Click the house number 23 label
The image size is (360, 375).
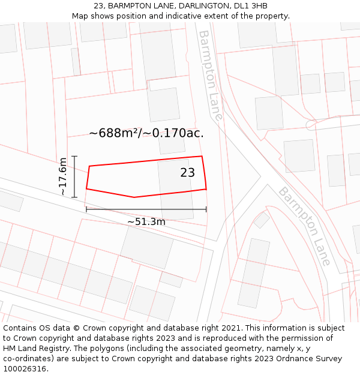(x=187, y=173)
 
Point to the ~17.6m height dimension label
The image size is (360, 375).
(x=62, y=176)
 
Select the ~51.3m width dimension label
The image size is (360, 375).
(x=146, y=222)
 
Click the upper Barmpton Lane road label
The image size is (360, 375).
(x=210, y=75)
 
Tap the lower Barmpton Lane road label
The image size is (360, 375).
(x=304, y=226)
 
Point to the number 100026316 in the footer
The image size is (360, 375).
(x=25, y=369)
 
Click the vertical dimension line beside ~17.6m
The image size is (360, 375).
(x=74, y=176)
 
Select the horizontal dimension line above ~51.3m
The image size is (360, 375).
(x=146, y=209)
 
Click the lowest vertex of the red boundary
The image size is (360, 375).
(x=134, y=197)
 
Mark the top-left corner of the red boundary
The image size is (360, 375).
(x=89, y=166)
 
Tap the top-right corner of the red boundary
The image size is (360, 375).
(x=202, y=157)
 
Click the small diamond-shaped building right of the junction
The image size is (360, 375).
(x=262, y=220)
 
